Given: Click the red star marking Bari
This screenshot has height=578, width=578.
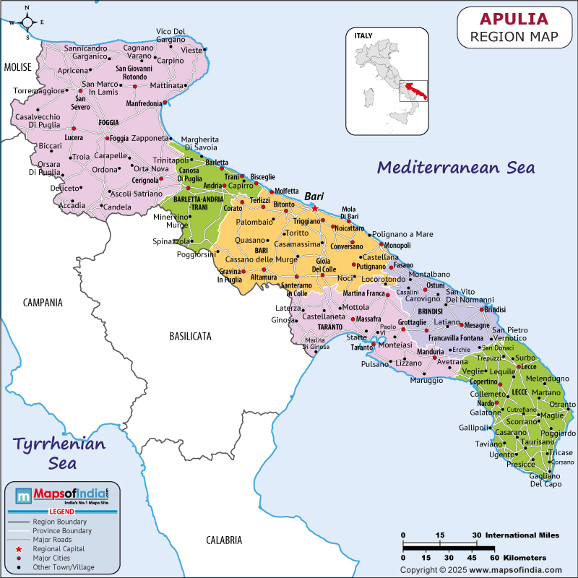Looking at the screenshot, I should click(x=315, y=208).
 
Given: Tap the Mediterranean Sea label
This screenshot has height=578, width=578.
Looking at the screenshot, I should click(x=457, y=168).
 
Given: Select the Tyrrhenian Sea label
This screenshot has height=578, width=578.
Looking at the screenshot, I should click(x=61, y=452).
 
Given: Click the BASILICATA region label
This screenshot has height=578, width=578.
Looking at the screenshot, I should click(x=191, y=336).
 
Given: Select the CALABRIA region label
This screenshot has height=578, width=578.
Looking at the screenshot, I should click(x=224, y=540).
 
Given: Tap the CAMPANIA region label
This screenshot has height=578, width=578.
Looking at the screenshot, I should click(x=43, y=303).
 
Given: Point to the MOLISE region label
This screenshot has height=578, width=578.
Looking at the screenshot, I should click(x=18, y=67).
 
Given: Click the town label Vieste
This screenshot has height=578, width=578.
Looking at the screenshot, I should click(x=191, y=50).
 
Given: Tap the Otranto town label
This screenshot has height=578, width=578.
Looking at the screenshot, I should click(x=563, y=404).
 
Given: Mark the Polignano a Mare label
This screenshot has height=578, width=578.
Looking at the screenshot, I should click(x=402, y=234).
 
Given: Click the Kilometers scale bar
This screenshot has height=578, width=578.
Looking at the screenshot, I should click(x=448, y=549).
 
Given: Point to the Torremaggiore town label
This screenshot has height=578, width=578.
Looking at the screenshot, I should click(x=38, y=91).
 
